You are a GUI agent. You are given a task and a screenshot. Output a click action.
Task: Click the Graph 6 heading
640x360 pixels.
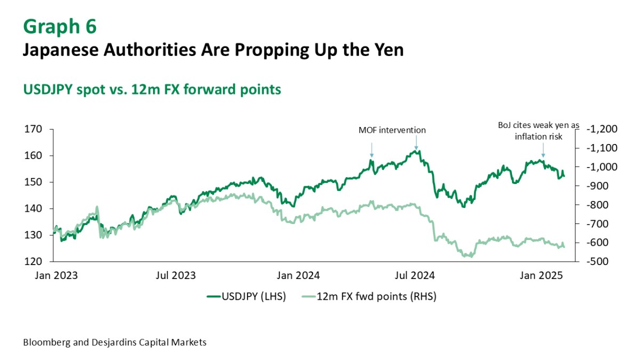tap(60, 26)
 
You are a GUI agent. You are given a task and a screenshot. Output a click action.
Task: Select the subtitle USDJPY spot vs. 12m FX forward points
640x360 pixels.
tap(152, 90)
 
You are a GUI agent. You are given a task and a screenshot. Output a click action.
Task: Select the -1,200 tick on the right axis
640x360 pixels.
tap(602, 129)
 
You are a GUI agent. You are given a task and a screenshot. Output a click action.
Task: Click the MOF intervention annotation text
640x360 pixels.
tap(392, 130)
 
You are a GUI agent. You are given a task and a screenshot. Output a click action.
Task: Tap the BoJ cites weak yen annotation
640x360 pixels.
tap(538, 131)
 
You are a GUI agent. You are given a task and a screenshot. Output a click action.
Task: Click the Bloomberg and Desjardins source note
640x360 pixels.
tap(115, 342)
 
